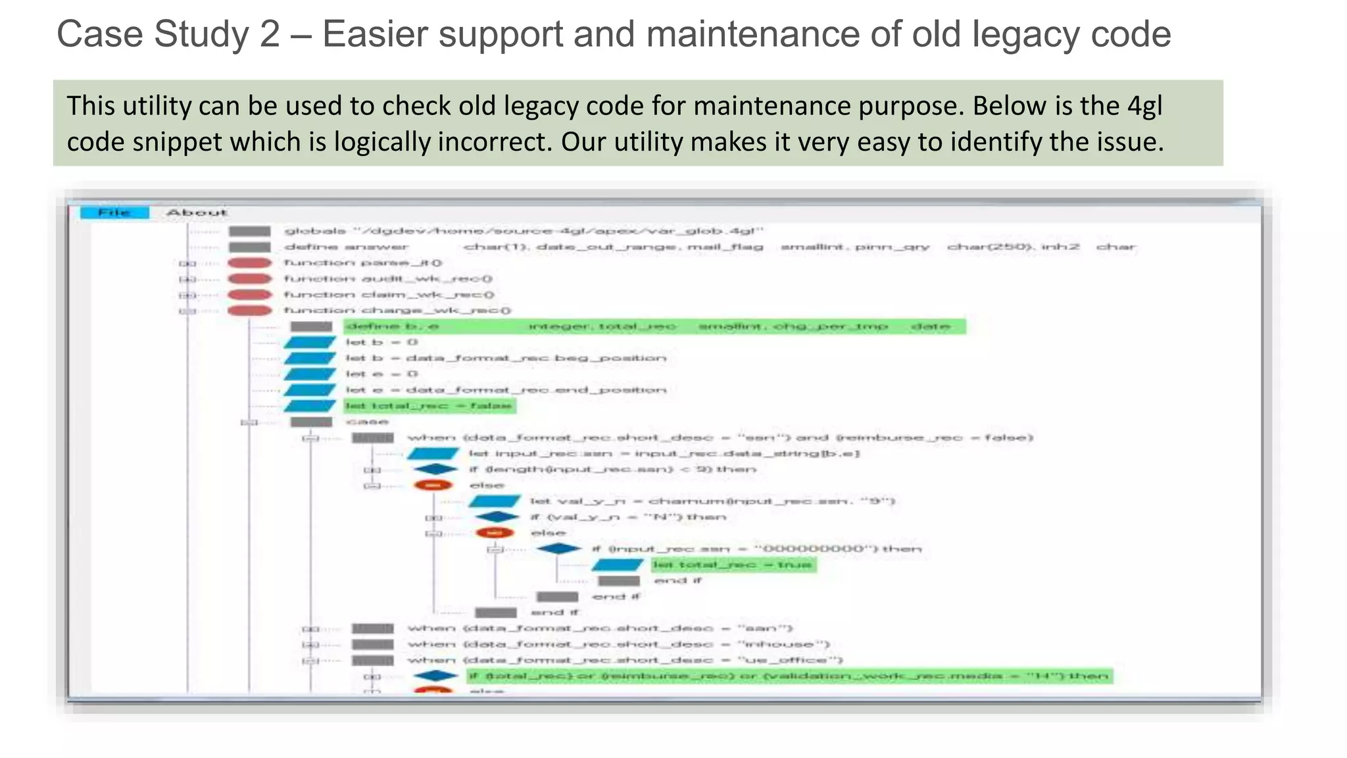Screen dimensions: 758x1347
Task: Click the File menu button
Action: (114, 213)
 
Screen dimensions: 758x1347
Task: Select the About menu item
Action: (196, 213)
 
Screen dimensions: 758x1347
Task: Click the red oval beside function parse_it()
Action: (249, 263)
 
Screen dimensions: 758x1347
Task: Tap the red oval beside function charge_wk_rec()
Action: (249, 311)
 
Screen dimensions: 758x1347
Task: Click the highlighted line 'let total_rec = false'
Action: (429, 406)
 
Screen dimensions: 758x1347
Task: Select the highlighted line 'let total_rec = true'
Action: (733, 565)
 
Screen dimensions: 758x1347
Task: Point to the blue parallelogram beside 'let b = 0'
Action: (310, 343)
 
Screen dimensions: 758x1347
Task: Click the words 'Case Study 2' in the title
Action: (168, 34)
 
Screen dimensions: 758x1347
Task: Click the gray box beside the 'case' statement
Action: (311, 422)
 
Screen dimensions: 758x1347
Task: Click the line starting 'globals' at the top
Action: (524, 231)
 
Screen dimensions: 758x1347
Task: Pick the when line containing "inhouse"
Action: (618, 645)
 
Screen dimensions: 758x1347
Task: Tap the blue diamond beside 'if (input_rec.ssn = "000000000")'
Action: (558, 549)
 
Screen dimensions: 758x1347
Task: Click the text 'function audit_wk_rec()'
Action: (388, 279)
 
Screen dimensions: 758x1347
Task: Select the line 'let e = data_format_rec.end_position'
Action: (505, 390)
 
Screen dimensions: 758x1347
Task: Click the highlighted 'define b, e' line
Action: (654, 327)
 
